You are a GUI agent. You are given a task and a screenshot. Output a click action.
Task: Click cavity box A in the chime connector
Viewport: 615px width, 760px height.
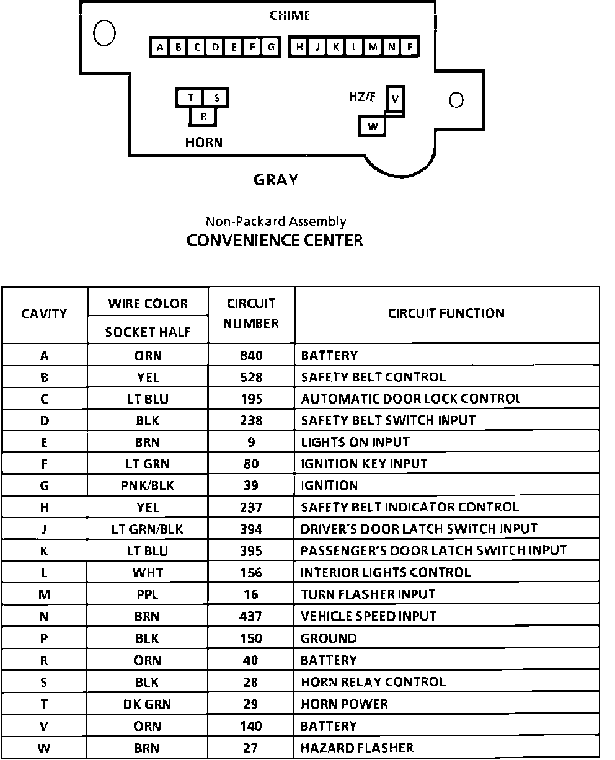click(x=160, y=46)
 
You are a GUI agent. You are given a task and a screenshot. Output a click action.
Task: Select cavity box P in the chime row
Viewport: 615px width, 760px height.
click(x=410, y=46)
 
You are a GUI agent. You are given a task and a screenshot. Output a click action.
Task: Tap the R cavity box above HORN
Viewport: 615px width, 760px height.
click(x=203, y=116)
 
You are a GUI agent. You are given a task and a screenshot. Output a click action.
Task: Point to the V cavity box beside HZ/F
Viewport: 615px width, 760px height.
click(x=395, y=98)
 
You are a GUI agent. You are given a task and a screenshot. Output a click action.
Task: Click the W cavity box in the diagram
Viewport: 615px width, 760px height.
click(x=373, y=126)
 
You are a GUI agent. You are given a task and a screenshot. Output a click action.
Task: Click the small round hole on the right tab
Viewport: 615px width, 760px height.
click(x=456, y=100)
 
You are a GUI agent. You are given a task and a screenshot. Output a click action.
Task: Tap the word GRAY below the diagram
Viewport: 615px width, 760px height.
click(x=276, y=180)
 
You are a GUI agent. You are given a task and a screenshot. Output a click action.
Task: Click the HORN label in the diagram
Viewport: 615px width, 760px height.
click(x=203, y=143)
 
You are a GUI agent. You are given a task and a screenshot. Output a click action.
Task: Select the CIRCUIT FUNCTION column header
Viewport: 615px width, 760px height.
click(x=446, y=314)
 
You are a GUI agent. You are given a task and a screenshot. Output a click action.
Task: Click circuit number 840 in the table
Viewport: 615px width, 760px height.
click(x=251, y=356)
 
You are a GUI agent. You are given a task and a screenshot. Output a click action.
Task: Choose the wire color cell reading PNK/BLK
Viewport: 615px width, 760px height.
click(x=148, y=486)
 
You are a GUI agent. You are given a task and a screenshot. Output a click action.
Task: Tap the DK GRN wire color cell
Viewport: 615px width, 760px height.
click(x=148, y=704)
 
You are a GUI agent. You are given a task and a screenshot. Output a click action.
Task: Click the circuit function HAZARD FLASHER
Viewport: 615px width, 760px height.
click(x=356, y=748)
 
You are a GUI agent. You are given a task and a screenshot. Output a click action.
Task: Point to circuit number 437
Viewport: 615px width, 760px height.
click(x=251, y=616)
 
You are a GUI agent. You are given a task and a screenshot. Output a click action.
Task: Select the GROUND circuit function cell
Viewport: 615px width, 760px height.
click(x=329, y=638)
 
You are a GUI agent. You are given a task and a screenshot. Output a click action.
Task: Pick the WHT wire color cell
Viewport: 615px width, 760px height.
click(x=148, y=573)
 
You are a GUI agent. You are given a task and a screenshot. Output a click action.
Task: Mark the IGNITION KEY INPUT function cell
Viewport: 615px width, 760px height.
click(x=364, y=464)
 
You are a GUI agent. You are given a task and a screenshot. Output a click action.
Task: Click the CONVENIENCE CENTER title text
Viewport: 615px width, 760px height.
click(x=275, y=241)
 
